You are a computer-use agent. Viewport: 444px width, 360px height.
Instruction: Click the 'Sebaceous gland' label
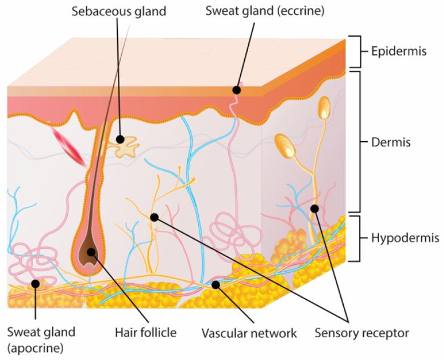(x=118, y=11)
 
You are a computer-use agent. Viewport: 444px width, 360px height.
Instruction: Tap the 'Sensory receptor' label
(x=363, y=332)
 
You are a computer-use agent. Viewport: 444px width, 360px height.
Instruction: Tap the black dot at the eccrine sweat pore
(x=236, y=89)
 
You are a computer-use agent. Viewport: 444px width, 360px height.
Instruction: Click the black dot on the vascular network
(x=216, y=284)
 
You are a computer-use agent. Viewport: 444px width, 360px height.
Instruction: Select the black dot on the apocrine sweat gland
(x=35, y=283)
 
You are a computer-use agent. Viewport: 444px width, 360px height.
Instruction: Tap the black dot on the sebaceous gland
(x=120, y=138)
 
